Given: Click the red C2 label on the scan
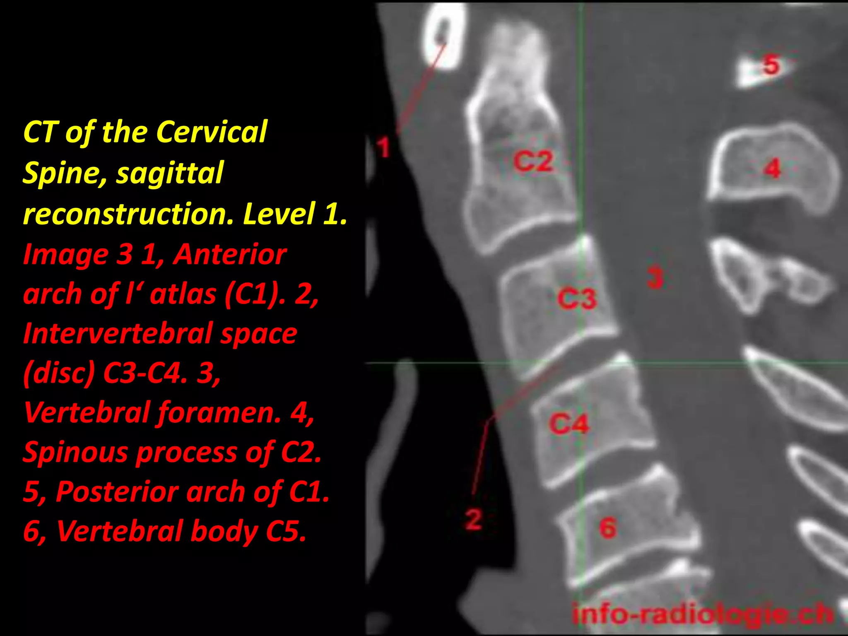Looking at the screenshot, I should click(533, 161).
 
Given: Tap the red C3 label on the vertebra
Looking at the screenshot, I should click(577, 298).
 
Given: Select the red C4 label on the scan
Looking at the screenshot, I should click(569, 424).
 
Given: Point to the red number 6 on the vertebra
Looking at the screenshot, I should click(607, 528).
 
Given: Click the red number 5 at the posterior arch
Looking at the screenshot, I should click(771, 65).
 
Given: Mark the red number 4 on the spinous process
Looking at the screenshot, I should click(772, 169).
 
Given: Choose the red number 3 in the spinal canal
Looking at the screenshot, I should click(655, 278).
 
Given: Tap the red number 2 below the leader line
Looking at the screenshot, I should click(473, 519).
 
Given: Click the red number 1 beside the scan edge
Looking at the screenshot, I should click(384, 147).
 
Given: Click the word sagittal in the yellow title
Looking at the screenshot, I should click(170, 173).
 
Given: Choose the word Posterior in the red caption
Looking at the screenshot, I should click(118, 492).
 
